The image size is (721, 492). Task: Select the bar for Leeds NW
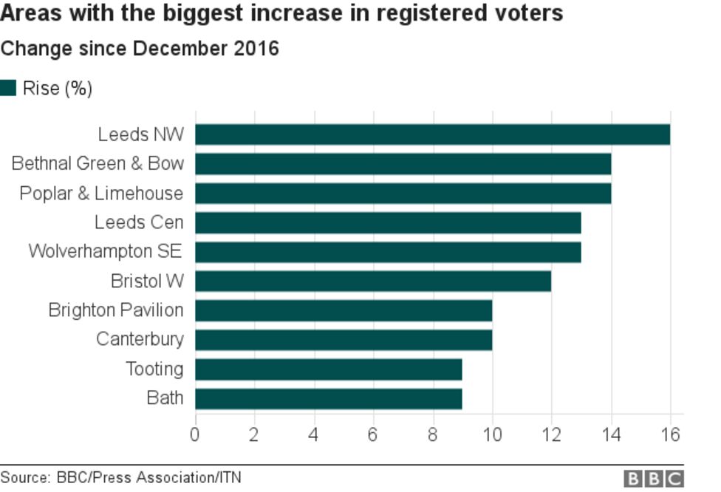[x=432, y=134]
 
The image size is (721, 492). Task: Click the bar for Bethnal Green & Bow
[x=403, y=164]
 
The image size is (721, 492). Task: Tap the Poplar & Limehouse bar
[x=403, y=194]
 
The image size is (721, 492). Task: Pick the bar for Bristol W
[x=373, y=281]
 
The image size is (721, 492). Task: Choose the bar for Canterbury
[x=344, y=340]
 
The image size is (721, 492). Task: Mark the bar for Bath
[x=329, y=399]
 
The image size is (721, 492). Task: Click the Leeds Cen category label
[x=139, y=222]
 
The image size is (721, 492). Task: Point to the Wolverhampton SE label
[x=105, y=251]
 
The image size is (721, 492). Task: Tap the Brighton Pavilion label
[x=115, y=310]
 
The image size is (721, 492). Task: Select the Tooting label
[x=154, y=369]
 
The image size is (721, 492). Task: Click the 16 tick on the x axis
[x=669, y=434]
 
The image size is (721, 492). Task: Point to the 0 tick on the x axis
[x=195, y=434]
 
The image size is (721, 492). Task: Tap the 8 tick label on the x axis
[x=432, y=434]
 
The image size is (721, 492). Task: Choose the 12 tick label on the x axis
[x=551, y=434]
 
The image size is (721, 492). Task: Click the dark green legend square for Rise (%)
[x=8, y=89]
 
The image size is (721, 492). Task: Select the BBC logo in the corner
[x=654, y=478]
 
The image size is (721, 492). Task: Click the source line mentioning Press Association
[x=120, y=477]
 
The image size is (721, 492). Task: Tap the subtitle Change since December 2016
[x=140, y=49]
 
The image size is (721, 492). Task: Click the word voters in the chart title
[x=527, y=13]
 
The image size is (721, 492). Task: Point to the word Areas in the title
[x=27, y=13]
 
